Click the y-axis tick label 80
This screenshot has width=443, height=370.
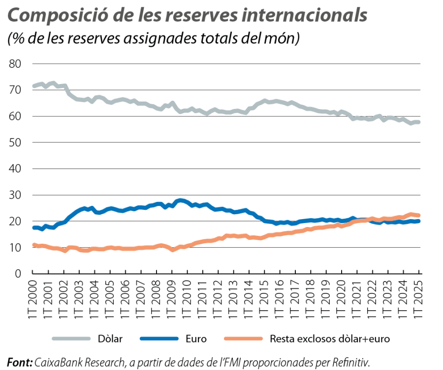[x=15, y=64]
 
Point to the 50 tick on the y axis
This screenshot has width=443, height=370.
[x=15, y=142]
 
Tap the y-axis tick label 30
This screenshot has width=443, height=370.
[x=15, y=195]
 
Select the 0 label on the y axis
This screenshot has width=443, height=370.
[x=18, y=274]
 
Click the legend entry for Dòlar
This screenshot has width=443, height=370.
[x=113, y=339]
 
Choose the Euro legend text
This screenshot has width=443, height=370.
[x=196, y=339]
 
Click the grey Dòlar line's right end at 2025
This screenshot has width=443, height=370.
[x=419, y=122]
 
